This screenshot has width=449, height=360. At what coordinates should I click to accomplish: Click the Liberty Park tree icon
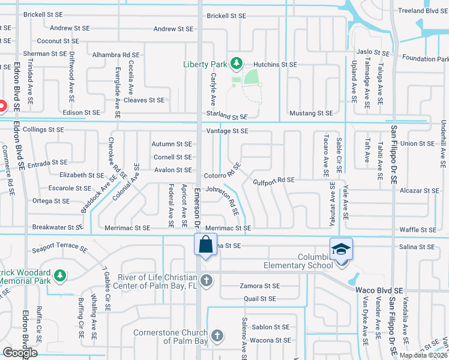coord(237,63)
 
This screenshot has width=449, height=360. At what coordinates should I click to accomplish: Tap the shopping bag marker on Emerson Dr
coord(205,244)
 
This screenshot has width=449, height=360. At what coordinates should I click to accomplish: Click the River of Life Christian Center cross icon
coord(206,280)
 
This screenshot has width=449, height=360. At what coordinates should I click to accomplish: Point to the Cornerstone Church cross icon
coord(217,335)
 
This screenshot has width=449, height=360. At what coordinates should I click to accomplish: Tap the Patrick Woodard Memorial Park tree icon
coord(59,275)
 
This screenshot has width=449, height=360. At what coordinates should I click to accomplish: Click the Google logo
coord(20,353)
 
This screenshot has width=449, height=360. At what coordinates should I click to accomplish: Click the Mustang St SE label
coord(311,113)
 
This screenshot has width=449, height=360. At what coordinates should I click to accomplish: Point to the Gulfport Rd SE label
coord(273,180)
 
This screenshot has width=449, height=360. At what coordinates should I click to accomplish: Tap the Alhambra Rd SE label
coord(116,55)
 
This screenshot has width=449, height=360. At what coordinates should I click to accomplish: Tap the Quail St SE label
coord(259,298)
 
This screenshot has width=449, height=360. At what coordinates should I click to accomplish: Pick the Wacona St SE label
coord(271,341)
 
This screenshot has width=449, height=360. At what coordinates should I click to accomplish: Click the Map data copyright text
coord(423,355)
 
